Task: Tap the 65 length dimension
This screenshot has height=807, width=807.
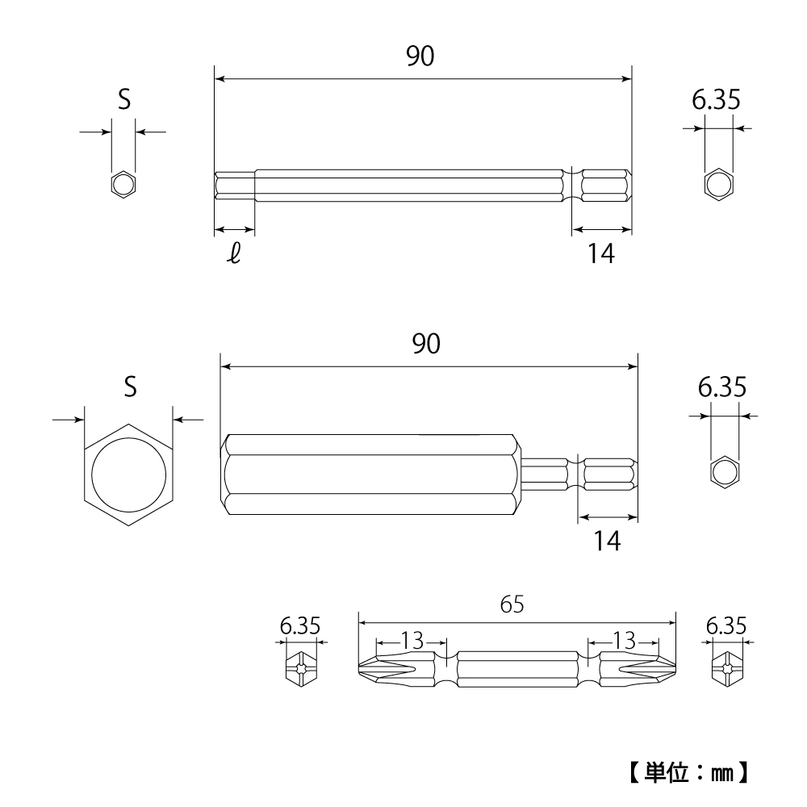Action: (x=512, y=604)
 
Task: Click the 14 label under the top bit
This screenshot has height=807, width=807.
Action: (x=600, y=254)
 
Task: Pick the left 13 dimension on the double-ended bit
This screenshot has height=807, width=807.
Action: (x=412, y=642)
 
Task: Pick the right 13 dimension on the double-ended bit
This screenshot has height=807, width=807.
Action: (x=623, y=642)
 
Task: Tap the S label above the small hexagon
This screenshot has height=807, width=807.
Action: (x=123, y=100)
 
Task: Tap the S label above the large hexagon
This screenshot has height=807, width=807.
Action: (x=129, y=387)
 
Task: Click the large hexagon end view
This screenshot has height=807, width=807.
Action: (x=129, y=475)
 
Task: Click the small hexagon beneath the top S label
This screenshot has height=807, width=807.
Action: (x=123, y=184)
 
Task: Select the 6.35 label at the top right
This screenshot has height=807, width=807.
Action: (x=715, y=100)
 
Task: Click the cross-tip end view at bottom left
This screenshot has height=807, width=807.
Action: (x=300, y=669)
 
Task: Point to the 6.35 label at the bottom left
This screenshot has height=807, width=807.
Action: (x=300, y=625)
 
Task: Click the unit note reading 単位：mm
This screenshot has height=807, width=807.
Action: (x=690, y=772)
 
